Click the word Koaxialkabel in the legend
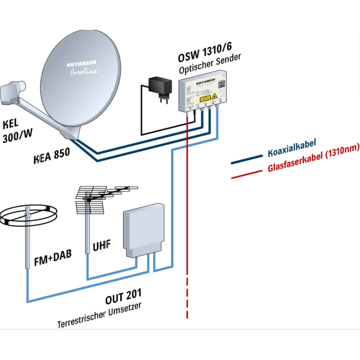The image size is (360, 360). click(x=292, y=147)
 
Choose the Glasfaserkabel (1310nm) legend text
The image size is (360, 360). click(x=313, y=160)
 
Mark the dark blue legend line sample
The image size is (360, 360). click(x=246, y=159)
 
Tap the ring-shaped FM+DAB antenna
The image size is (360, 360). click(x=29, y=215)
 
